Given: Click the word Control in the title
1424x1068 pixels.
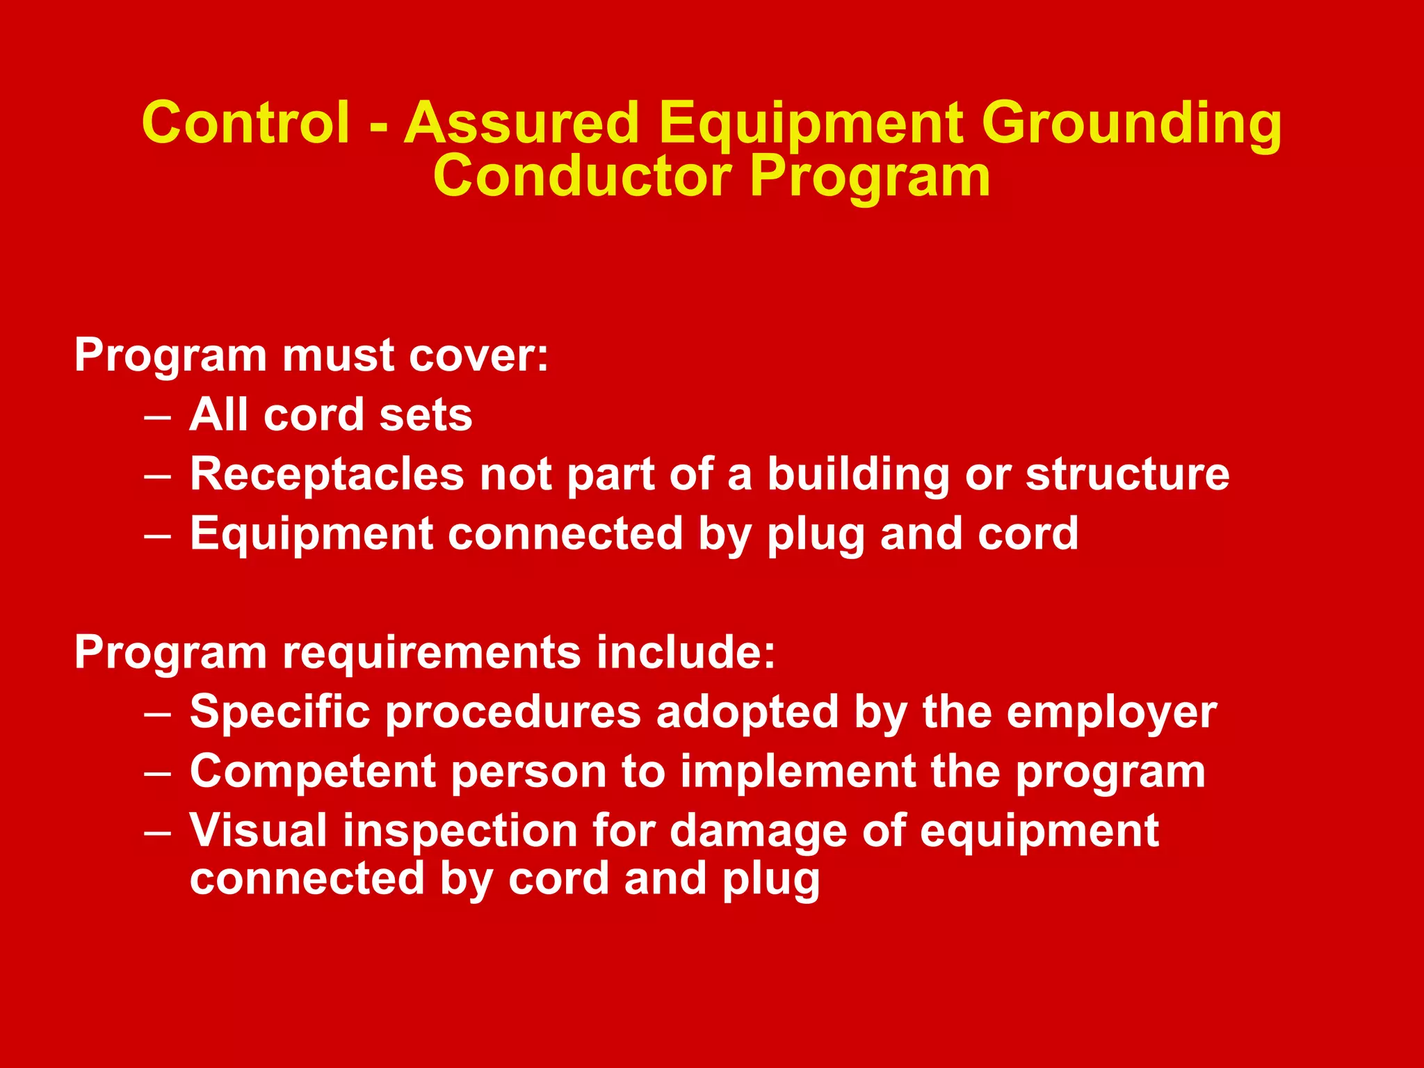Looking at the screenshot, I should (245, 122).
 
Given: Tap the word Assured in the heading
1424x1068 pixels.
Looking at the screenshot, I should (521, 122).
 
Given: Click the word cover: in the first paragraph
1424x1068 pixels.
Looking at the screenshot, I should (479, 355).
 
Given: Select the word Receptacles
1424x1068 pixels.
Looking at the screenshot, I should (327, 475).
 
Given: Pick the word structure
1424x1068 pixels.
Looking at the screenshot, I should (1127, 475).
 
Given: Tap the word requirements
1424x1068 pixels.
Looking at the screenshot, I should (431, 654).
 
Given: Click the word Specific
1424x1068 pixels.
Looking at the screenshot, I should (280, 713).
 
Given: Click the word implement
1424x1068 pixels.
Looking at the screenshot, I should (798, 772).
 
